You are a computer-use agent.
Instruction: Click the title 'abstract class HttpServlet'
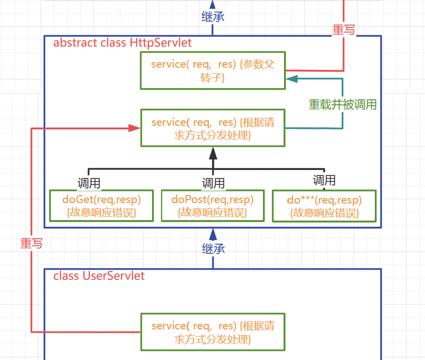point(122,43)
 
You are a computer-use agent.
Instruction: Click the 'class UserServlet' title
point(99,275)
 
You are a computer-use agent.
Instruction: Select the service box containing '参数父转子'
point(213,71)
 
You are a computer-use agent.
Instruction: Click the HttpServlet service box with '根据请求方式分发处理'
point(213,128)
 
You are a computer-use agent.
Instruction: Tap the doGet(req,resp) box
point(101,206)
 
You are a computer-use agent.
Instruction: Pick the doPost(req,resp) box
point(213,206)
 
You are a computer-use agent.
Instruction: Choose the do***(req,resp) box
point(324,206)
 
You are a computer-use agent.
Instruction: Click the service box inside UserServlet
point(213,332)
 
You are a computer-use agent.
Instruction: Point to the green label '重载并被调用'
point(343,104)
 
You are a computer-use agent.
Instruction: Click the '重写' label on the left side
point(31,243)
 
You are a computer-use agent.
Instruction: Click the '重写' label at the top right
point(344,30)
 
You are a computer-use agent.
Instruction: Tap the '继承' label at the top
point(213,16)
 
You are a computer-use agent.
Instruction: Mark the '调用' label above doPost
point(213,183)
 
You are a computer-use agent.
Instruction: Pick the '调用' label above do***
point(324,179)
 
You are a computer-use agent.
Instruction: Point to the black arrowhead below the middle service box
point(213,151)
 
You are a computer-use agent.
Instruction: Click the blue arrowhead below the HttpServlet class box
point(213,233)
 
